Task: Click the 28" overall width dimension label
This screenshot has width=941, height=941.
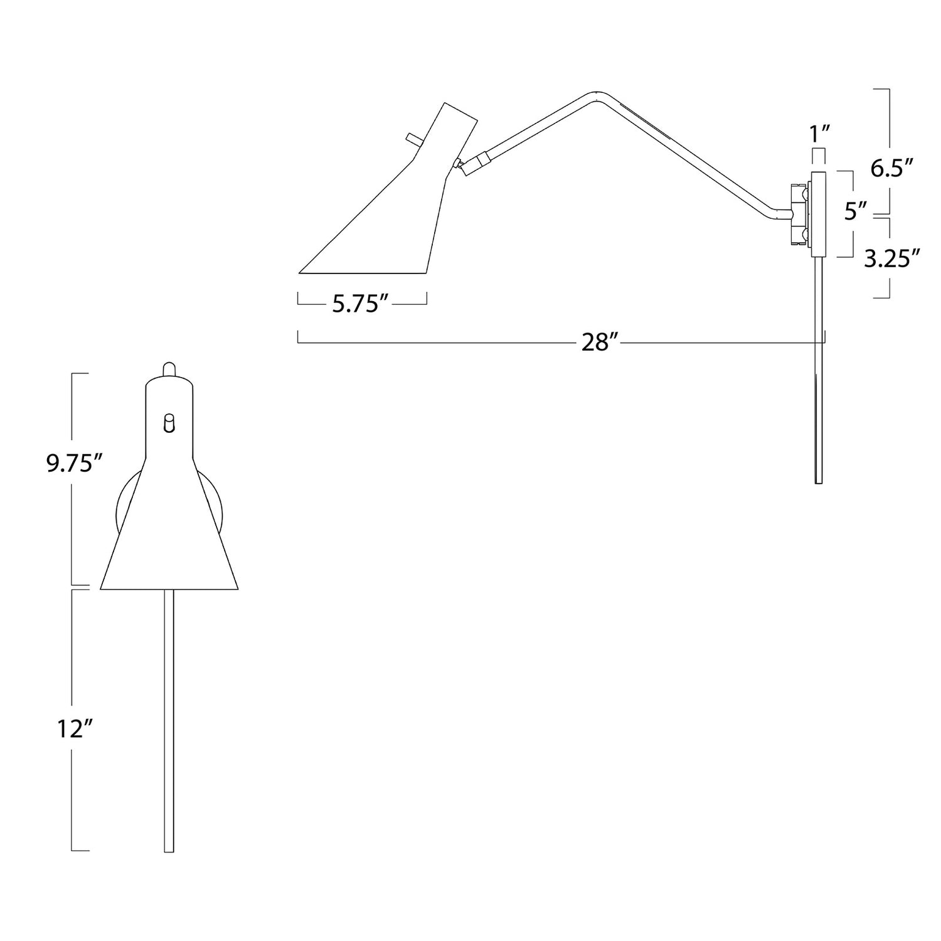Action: [x=599, y=343]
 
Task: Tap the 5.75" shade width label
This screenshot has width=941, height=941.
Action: [x=363, y=304]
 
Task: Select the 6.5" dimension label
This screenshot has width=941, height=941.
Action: [x=891, y=167]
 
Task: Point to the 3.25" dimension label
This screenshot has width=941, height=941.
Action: [x=891, y=258]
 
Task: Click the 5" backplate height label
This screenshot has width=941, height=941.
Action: [x=853, y=211]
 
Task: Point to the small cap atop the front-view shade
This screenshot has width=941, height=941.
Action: [x=167, y=369]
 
